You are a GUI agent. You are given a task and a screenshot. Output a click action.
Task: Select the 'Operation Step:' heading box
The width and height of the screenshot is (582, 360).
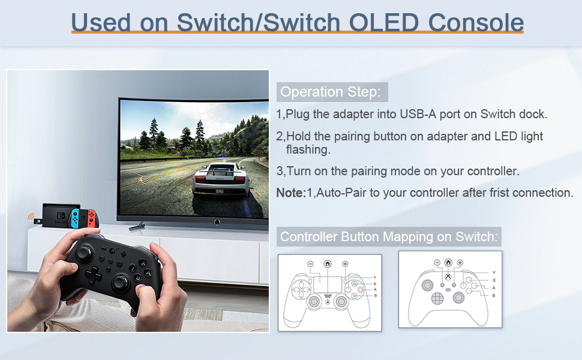click(332, 92)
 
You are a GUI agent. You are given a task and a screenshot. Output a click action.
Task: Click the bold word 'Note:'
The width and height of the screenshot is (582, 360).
click(290, 193)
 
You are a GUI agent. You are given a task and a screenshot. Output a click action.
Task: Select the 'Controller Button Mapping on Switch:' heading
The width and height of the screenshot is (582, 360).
click(389, 236)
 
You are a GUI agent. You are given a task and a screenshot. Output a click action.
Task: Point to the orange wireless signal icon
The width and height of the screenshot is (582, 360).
click(31, 215)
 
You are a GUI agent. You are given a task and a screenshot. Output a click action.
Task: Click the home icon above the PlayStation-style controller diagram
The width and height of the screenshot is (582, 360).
click(328, 263)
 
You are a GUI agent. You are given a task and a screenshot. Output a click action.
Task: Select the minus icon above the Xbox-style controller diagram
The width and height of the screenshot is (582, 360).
click(437, 262)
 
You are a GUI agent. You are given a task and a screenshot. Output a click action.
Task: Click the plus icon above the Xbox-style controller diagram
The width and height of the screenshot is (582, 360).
click(460, 262)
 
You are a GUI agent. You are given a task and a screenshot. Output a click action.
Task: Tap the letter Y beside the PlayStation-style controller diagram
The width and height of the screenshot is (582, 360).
click(375, 277)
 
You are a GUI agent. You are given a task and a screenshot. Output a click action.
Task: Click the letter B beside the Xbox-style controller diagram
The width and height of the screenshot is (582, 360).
click(494, 295)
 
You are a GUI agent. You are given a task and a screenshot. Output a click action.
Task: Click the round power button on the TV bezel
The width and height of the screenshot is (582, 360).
click(216, 223)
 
